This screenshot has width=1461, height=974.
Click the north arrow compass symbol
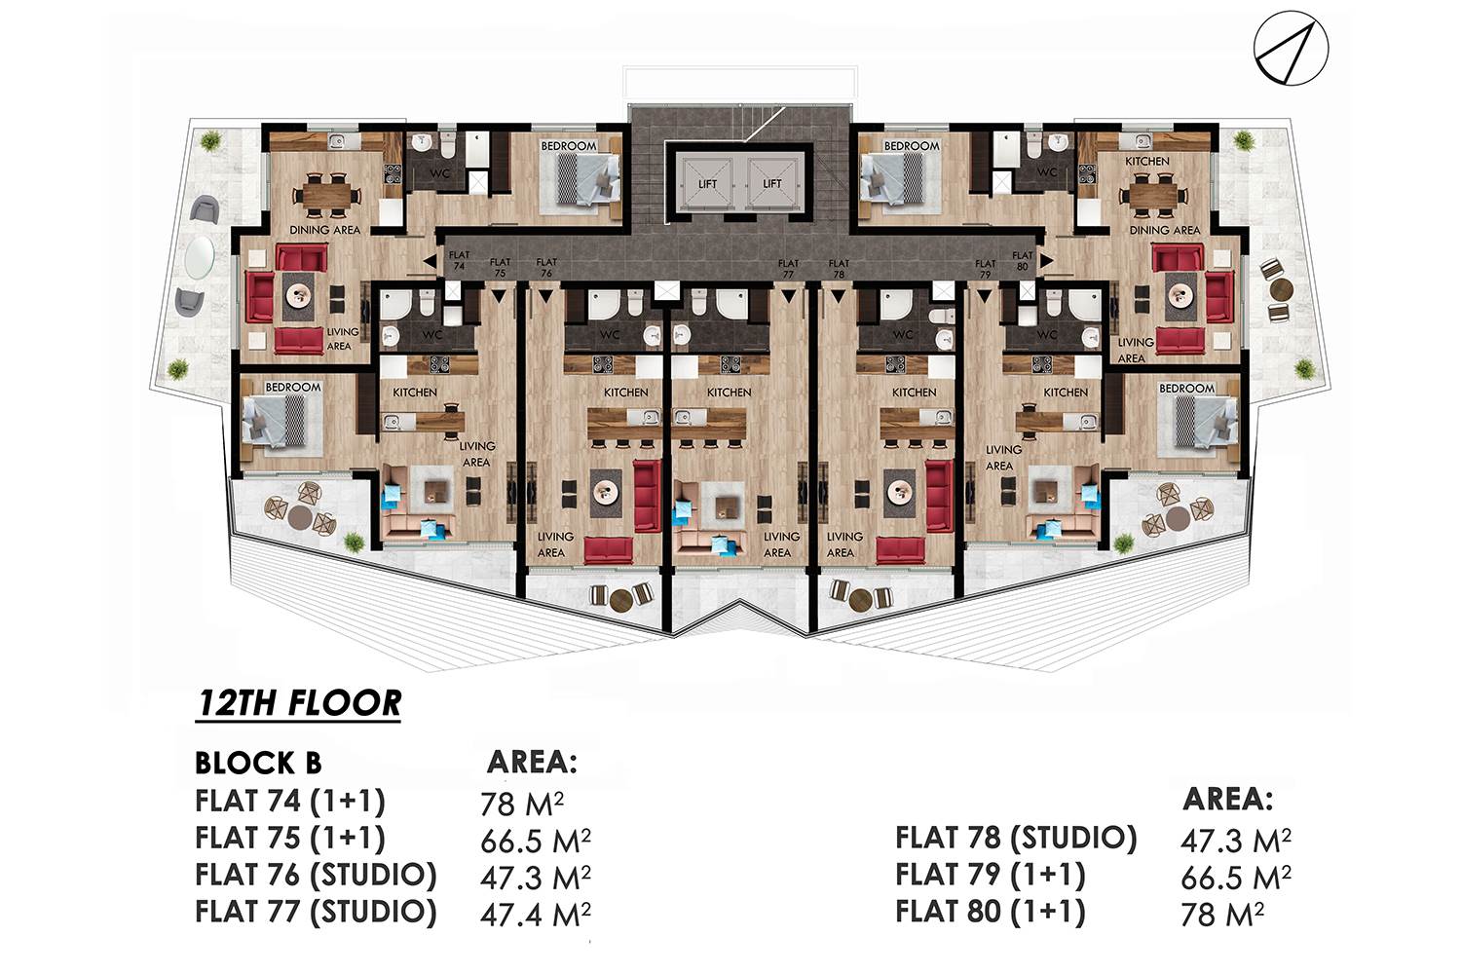tap(1291, 49)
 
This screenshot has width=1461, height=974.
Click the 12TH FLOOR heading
tap(299, 703)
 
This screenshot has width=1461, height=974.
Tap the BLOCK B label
tap(258, 764)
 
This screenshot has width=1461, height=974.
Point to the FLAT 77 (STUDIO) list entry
tap(316, 912)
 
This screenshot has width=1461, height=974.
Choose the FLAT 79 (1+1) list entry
tap(991, 876)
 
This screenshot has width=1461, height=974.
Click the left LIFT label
tap(708, 184)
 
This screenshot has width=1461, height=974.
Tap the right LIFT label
tap(772, 184)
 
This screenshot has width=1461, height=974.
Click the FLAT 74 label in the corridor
tap(459, 260)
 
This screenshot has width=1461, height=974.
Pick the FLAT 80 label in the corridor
tap(1022, 261)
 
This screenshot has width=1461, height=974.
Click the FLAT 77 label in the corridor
tap(788, 269)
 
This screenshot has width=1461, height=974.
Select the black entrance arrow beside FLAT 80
tap(1046, 261)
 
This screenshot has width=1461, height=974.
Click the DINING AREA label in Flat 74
tap(324, 230)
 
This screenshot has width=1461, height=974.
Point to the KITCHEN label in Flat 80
tap(1147, 161)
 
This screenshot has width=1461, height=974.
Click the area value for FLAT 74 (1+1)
tap(522, 804)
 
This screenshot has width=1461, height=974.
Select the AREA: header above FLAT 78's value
tap(1227, 799)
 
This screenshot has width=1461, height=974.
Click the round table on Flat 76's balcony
tap(620, 598)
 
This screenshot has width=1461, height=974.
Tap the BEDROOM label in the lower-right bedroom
tap(1186, 389)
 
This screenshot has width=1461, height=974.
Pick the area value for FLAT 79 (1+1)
tap(1236, 878)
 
